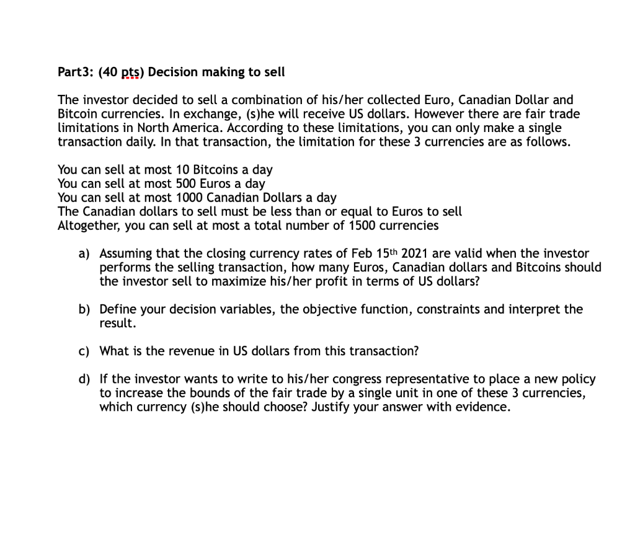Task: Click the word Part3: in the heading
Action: (x=75, y=73)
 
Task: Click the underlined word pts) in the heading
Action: (x=132, y=73)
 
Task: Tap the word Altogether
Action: (x=89, y=226)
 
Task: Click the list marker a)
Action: (x=84, y=253)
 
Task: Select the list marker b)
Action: (x=84, y=309)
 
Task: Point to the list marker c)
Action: (x=84, y=351)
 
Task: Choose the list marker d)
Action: (x=84, y=379)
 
